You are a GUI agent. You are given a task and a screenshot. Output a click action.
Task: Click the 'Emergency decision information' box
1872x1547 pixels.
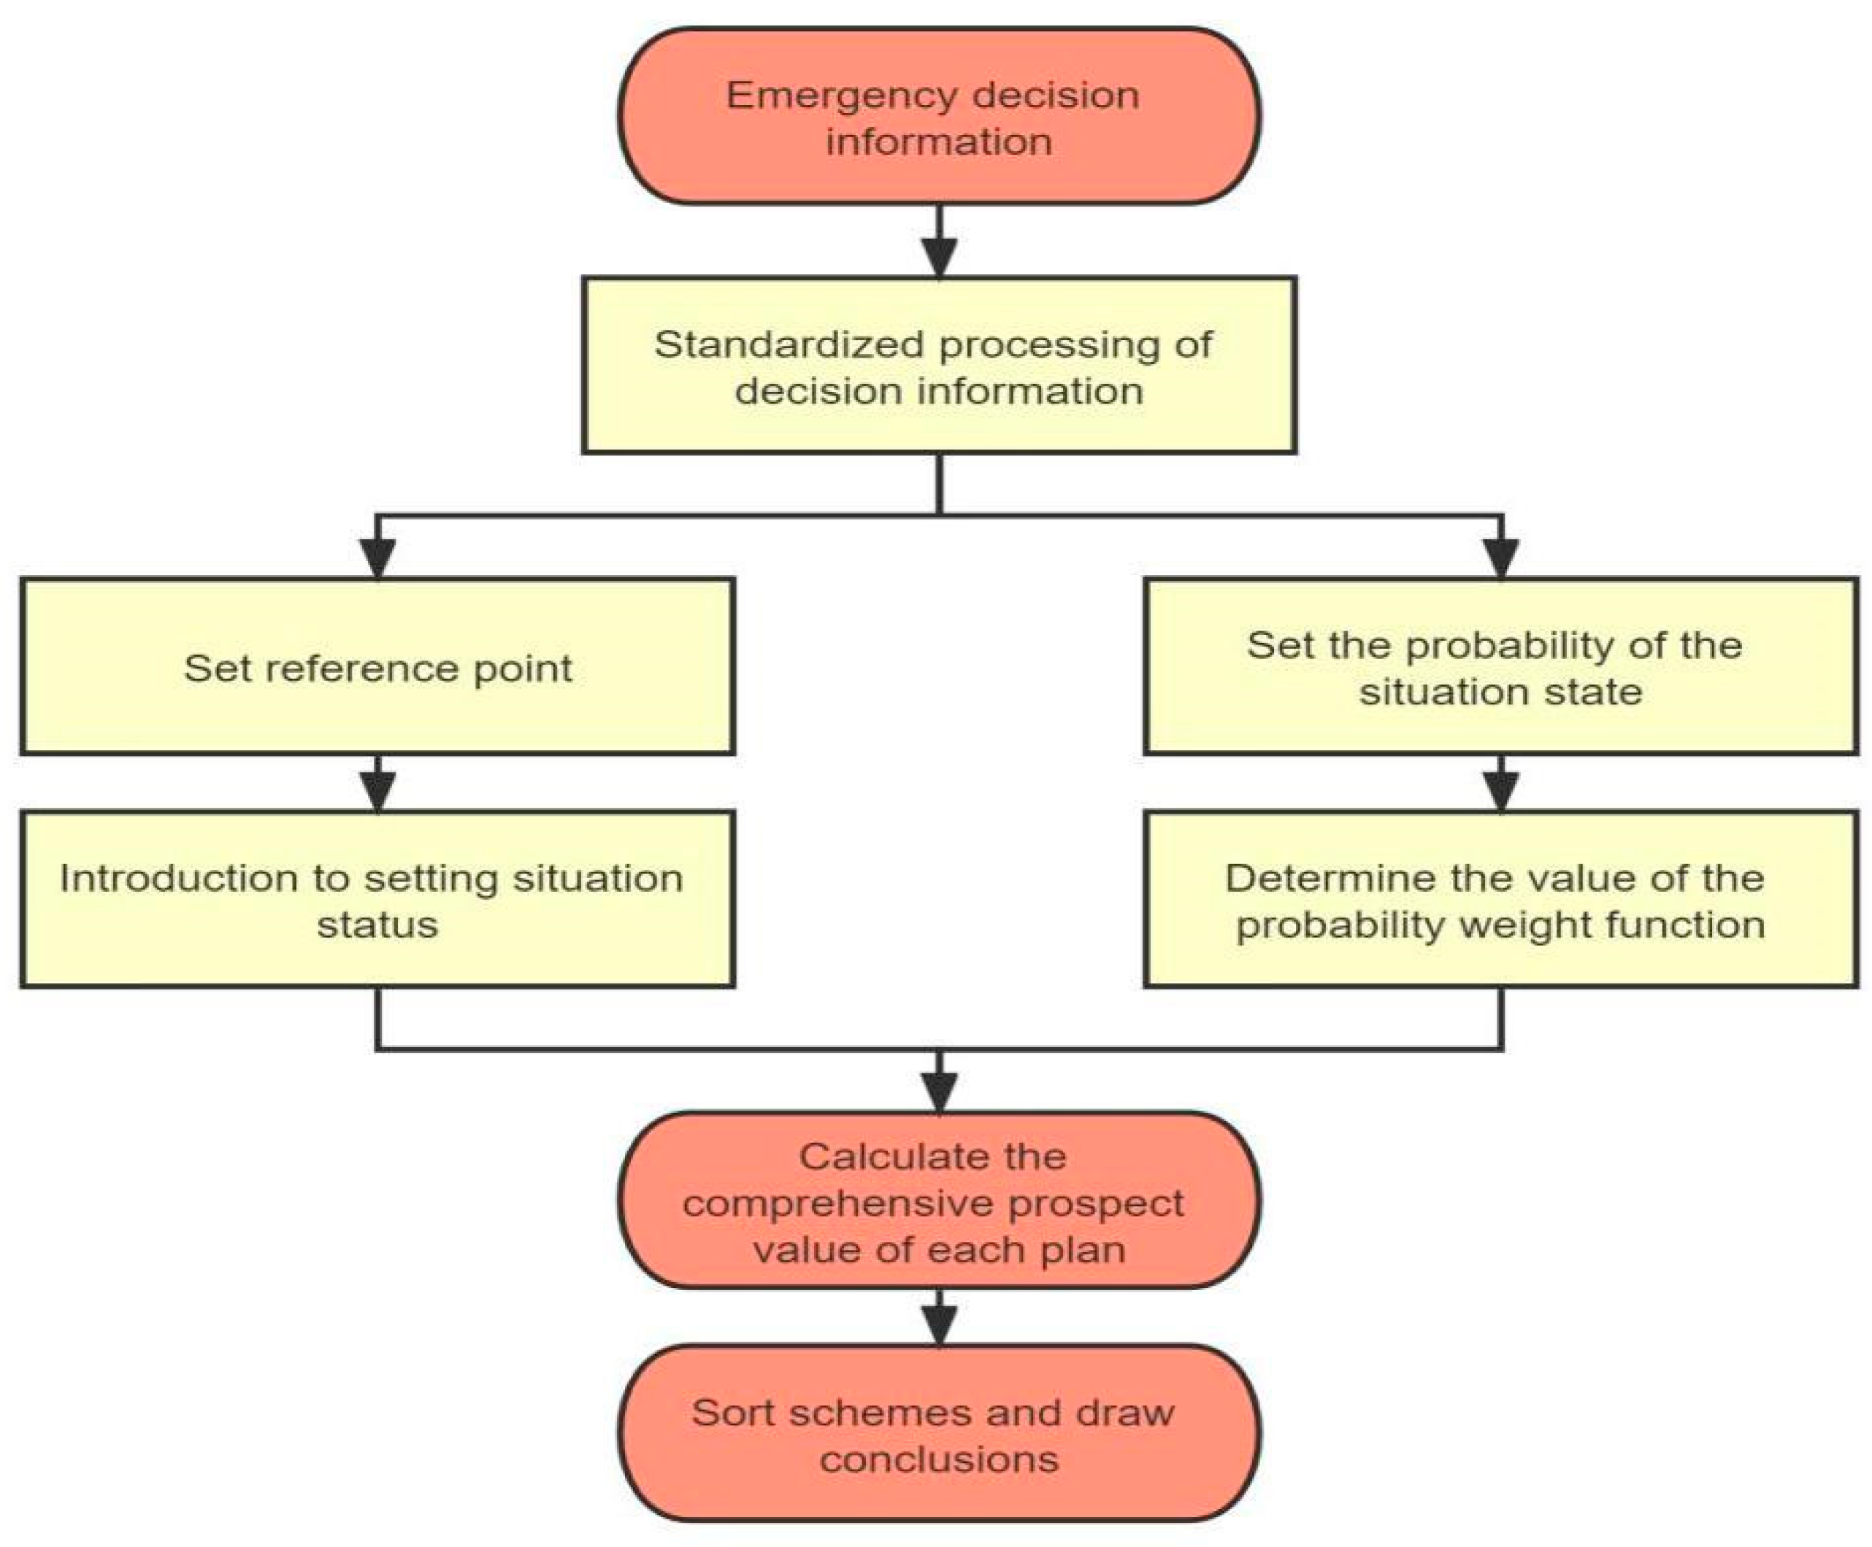click(x=939, y=116)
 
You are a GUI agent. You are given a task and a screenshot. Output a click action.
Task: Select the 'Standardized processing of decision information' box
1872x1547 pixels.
click(x=939, y=366)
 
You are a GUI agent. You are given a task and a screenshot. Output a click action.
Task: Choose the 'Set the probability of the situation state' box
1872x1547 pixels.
click(x=1501, y=666)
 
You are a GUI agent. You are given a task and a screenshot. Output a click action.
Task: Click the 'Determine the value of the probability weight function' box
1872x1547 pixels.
click(x=1501, y=899)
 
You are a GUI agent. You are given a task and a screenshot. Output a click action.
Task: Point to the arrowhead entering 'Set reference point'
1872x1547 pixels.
click(x=378, y=560)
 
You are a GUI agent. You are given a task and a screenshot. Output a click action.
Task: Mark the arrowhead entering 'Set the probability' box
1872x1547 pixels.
click(x=1501, y=560)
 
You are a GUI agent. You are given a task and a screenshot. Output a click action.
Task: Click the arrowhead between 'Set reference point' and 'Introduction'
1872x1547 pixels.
click(x=378, y=791)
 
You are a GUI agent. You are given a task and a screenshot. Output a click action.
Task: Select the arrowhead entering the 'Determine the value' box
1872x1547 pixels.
click(x=1501, y=791)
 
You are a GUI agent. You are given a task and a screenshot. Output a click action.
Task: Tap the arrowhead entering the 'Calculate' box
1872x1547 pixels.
click(x=939, y=1092)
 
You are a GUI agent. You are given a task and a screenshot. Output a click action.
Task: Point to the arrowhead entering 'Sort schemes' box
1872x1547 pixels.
click(x=939, y=1325)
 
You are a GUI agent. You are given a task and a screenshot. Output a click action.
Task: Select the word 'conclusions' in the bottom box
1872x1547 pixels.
click(x=939, y=1459)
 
